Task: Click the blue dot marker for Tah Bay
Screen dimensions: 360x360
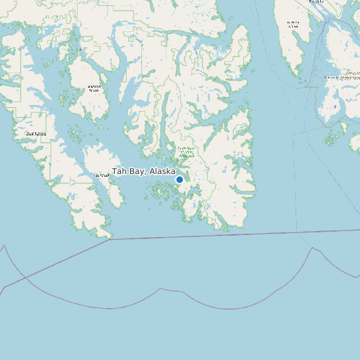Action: click(x=179, y=179)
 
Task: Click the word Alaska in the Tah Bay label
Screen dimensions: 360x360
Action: click(x=163, y=171)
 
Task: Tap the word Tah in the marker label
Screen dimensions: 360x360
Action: click(x=119, y=171)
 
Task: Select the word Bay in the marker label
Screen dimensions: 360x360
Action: click(x=137, y=171)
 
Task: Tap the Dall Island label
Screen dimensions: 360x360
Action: click(x=36, y=134)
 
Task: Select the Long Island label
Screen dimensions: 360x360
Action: click(x=100, y=175)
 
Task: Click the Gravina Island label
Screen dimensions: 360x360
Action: click(x=293, y=25)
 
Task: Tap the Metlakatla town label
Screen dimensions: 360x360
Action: click(x=330, y=78)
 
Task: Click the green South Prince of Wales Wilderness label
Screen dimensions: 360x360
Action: click(x=186, y=151)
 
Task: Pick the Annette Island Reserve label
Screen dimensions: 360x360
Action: click(x=350, y=75)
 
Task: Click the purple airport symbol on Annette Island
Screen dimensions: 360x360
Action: click(x=335, y=106)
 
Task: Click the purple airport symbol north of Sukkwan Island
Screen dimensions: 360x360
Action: click(x=81, y=50)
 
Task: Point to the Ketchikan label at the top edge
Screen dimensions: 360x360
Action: click(x=316, y=2)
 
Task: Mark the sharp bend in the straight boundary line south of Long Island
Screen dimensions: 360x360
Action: click(x=109, y=240)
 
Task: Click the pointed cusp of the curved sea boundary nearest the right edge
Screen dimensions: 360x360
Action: click(x=312, y=248)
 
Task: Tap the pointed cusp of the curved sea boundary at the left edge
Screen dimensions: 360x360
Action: click(x=5, y=245)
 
